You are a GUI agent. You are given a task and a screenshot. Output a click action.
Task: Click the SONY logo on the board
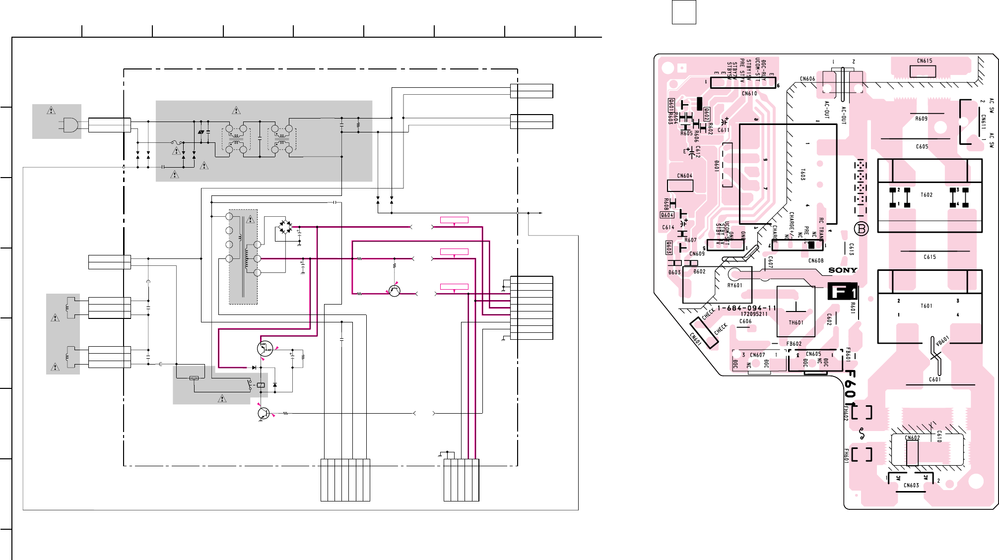pyautogui.click(x=843, y=270)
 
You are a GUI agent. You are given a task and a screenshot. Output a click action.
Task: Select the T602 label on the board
pyautogui.click(x=927, y=195)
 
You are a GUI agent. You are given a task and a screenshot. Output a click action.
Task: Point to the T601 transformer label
pyautogui.click(x=927, y=306)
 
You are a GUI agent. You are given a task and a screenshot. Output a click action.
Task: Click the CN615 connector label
pyautogui.click(x=925, y=61)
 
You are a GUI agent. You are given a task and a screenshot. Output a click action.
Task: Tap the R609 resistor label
pyautogui.click(x=921, y=119)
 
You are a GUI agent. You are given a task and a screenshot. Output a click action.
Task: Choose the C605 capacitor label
pyautogui.click(x=922, y=147)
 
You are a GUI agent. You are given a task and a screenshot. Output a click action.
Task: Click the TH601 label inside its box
pyautogui.click(x=796, y=323)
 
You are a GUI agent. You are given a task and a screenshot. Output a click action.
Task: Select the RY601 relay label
pyautogui.click(x=735, y=286)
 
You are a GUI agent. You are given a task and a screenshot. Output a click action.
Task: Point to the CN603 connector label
pyautogui.click(x=911, y=486)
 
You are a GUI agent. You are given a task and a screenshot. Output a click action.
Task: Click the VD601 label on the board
pyautogui.click(x=942, y=341)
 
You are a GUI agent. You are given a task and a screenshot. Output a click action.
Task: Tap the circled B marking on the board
pyautogui.click(x=862, y=229)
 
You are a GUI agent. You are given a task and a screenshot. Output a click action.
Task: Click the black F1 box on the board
pyautogui.click(x=842, y=292)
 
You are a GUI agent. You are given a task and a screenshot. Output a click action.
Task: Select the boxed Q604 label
pyautogui.click(x=667, y=215)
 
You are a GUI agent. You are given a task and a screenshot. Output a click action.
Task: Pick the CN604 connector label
pyautogui.click(x=685, y=176)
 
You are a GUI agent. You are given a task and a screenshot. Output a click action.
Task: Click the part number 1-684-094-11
pyautogui.click(x=746, y=308)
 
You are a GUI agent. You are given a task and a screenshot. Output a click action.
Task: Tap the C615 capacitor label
pyautogui.click(x=930, y=257)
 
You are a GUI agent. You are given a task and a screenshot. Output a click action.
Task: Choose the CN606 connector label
pyautogui.click(x=807, y=79)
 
